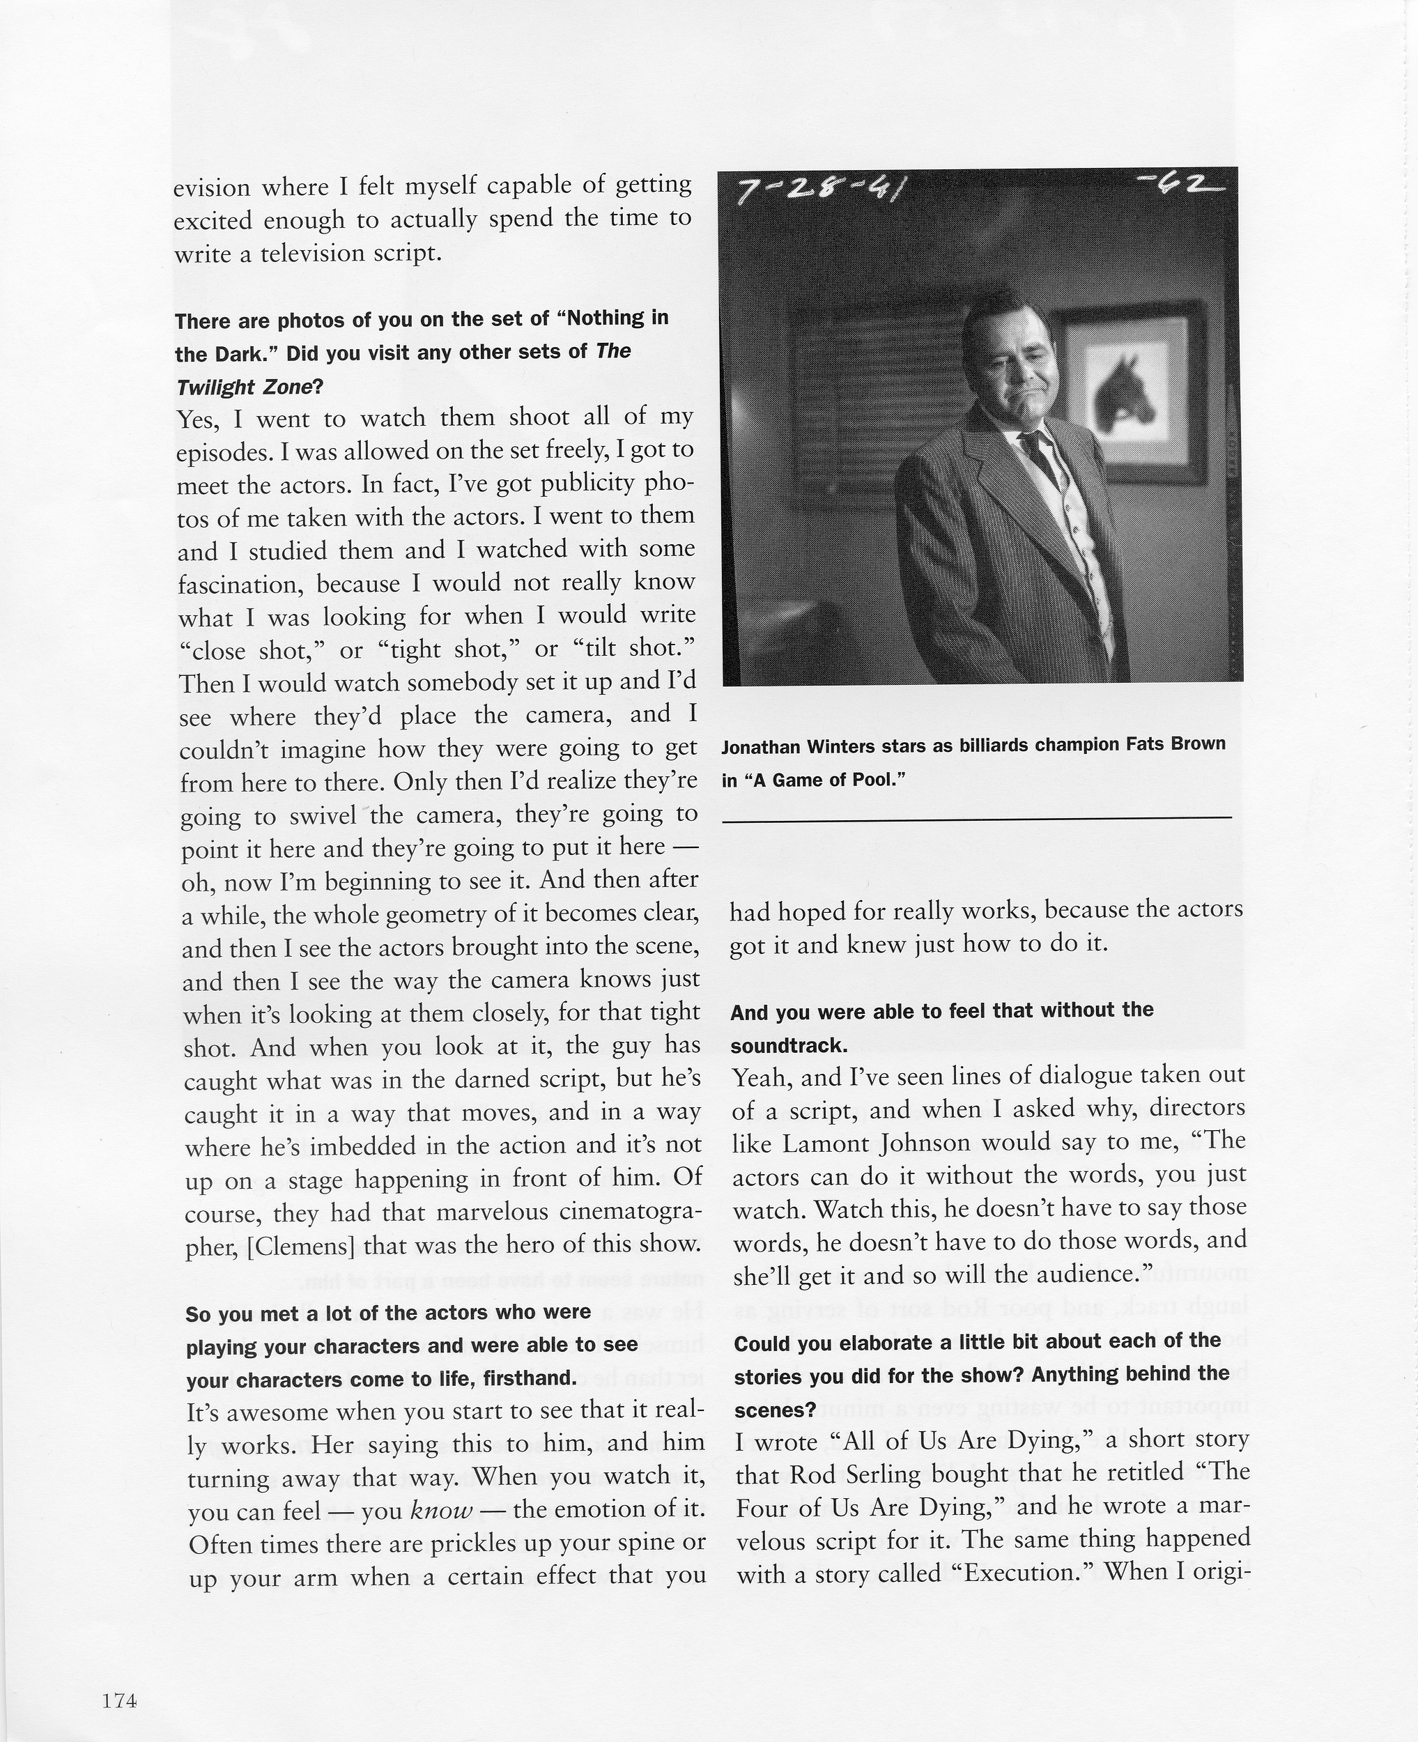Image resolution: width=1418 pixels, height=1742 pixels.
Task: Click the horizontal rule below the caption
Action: click(976, 817)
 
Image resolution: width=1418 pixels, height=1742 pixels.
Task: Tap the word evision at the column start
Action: click(212, 188)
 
